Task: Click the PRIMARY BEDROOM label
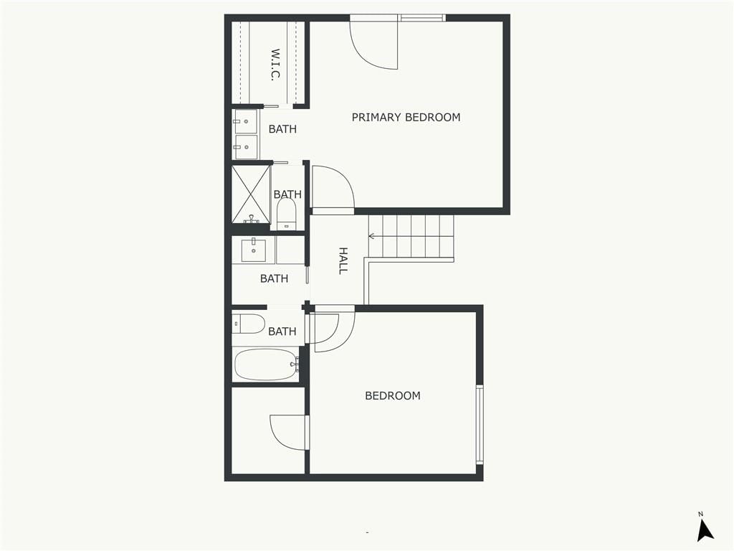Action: pos(406,117)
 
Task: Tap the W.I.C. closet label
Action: pos(275,65)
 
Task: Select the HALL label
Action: pos(343,260)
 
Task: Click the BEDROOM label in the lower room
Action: pos(393,395)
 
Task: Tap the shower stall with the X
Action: pos(252,194)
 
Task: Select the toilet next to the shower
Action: pos(286,214)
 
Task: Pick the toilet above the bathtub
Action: pos(249,324)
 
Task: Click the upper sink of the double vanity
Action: pos(245,121)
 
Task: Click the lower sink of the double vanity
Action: pos(245,147)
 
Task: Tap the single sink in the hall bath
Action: pos(254,250)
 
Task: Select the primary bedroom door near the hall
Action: pos(333,187)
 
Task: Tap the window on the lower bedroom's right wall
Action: pos(480,424)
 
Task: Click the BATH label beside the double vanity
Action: pos(282,129)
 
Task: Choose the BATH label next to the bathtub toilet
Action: pos(282,331)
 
